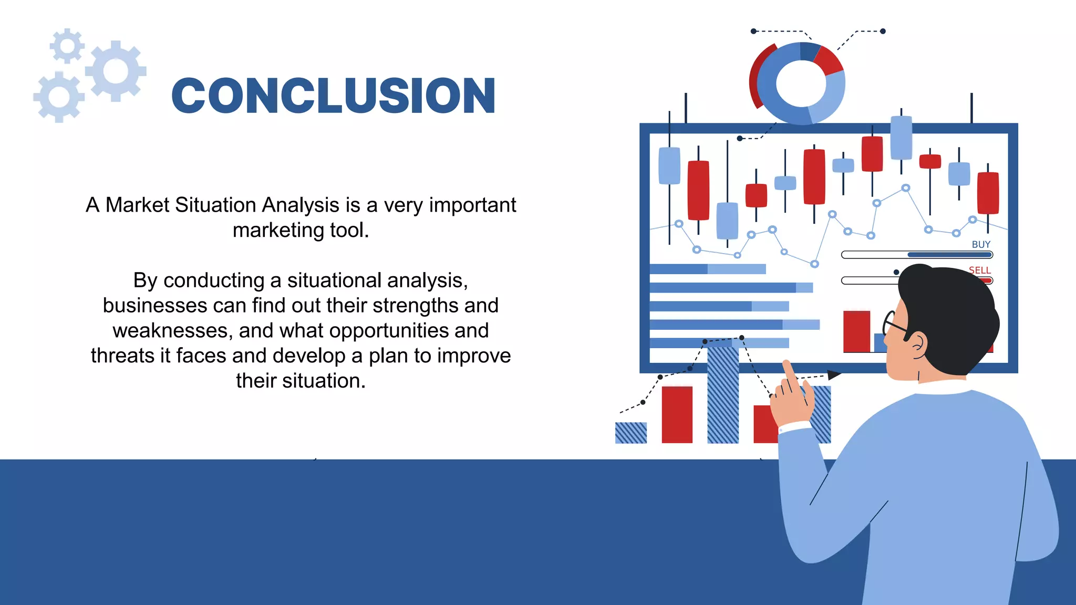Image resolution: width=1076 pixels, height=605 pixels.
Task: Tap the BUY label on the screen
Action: point(980,245)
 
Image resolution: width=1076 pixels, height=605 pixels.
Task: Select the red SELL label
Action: point(979,270)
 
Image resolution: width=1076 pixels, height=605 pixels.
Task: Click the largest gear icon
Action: point(116,71)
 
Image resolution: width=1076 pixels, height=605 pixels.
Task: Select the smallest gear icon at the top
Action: point(67,46)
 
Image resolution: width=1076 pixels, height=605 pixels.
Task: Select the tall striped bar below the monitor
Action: point(723,394)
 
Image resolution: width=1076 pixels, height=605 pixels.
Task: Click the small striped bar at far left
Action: point(630,433)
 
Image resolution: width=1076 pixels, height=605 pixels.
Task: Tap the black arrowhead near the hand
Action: point(834,374)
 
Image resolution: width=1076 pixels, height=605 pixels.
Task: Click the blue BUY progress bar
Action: point(949,255)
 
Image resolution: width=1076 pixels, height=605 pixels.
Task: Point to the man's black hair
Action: point(951,310)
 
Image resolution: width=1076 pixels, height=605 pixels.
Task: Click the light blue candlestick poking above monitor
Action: point(901,138)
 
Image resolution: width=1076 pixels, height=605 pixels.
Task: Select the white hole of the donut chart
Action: point(801,84)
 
